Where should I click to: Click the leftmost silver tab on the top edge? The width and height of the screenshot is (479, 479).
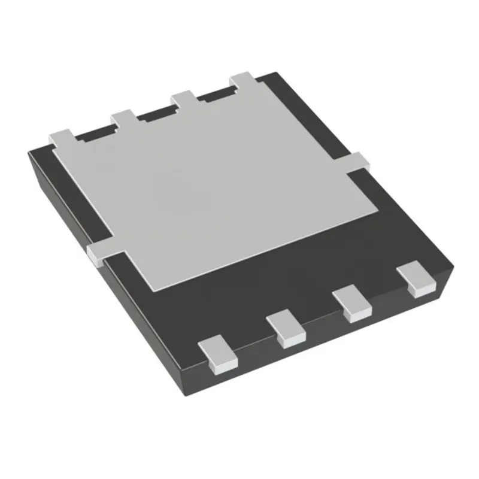click(60, 138)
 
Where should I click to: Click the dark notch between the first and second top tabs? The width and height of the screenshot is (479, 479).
click(96, 134)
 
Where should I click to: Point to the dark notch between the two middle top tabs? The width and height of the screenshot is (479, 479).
click(157, 113)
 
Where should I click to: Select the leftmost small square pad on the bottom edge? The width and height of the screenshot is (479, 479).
click(217, 353)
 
